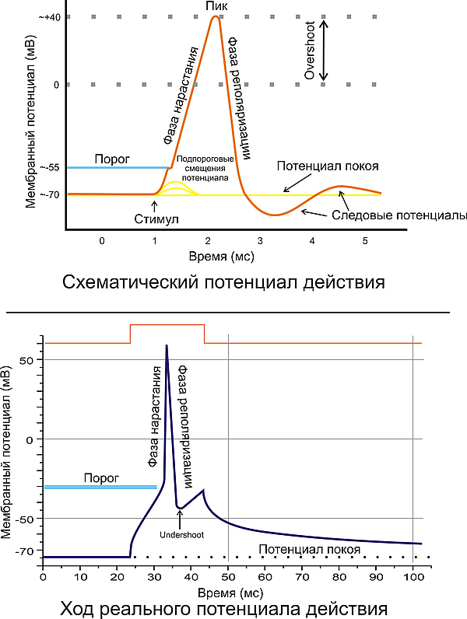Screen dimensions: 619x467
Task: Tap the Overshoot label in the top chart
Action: pyautogui.click(x=308, y=50)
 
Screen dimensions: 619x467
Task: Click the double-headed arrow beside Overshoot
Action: pyautogui.click(x=325, y=50)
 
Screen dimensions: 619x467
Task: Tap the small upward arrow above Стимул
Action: pyautogui.click(x=155, y=205)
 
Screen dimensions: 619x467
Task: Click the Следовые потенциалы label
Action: pyautogui.click(x=399, y=215)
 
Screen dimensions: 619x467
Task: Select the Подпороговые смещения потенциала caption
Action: pyautogui.click(x=202, y=168)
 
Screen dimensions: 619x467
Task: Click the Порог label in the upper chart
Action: pyautogui.click(x=107, y=158)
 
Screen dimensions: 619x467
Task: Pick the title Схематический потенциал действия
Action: pyautogui.click(x=223, y=281)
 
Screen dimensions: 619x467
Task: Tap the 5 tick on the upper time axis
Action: pyautogui.click(x=365, y=241)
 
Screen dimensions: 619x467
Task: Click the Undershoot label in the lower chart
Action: pyautogui.click(x=180, y=534)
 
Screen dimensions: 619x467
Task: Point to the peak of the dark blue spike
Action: pyautogui.click(x=167, y=346)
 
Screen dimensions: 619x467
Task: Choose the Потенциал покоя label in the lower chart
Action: pyautogui.click(x=309, y=549)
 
